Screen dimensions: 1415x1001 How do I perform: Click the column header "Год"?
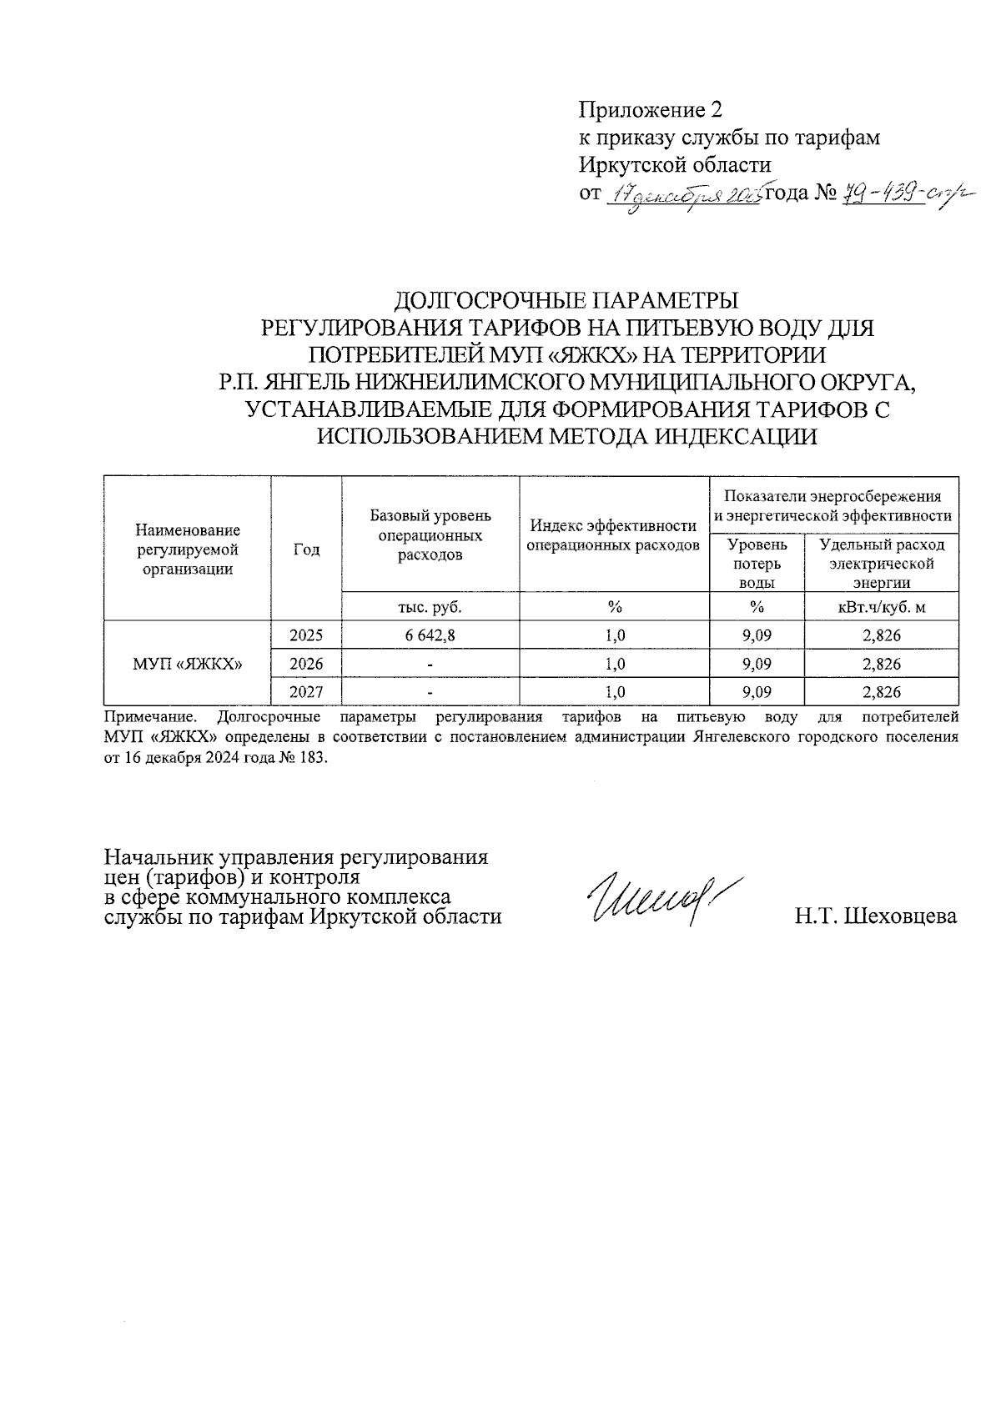click(x=306, y=549)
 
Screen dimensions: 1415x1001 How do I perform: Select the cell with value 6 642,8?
click(x=430, y=635)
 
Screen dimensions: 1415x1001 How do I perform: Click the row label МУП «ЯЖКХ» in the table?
click(x=188, y=664)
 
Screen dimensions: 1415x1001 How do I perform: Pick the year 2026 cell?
click(x=306, y=664)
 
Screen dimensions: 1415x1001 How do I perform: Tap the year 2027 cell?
click(x=306, y=692)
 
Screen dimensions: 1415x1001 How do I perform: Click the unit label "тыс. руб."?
click(x=430, y=606)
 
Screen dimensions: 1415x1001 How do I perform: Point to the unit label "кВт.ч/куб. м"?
click(x=882, y=606)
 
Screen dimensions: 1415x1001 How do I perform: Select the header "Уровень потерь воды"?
click(x=757, y=564)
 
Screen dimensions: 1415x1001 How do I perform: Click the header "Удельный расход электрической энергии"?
click(x=882, y=564)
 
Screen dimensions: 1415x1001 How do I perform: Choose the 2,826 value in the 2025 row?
click(x=882, y=635)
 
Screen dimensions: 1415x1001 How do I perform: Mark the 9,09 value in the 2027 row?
click(x=757, y=692)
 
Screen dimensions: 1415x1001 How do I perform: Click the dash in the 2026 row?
click(x=430, y=665)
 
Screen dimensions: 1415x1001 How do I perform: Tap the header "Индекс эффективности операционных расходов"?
click(x=614, y=535)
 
